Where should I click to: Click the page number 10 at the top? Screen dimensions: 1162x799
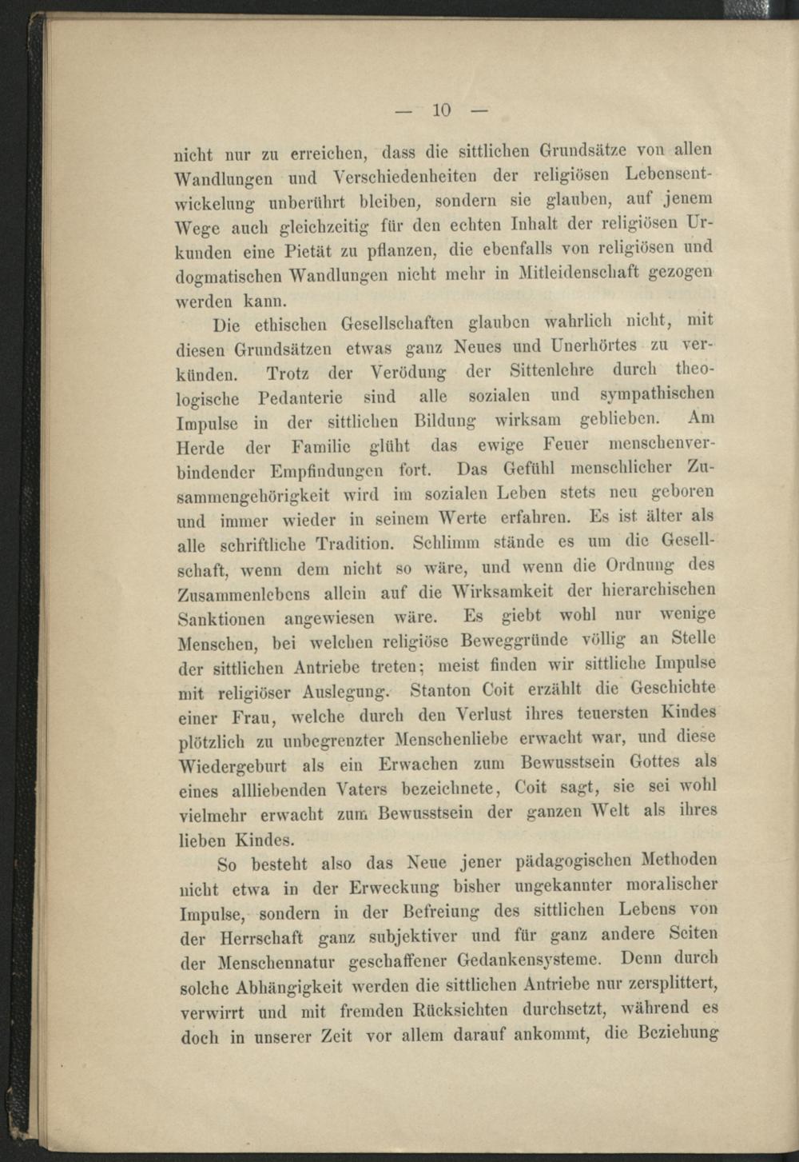(442, 110)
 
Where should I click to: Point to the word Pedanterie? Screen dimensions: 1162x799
(300, 397)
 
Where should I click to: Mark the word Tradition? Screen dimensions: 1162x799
(356, 545)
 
